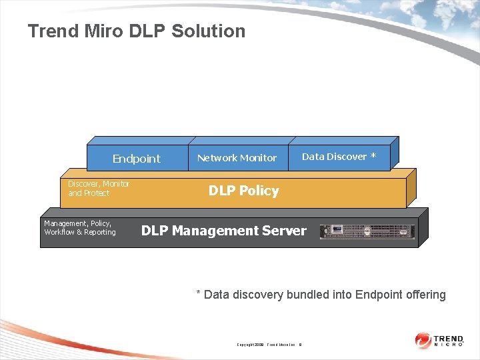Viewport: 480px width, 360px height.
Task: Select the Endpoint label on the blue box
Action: click(136, 159)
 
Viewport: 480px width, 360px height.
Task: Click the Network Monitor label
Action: click(237, 158)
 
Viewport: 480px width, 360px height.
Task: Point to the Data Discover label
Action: click(334, 157)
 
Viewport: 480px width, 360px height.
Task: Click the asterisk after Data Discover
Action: click(373, 157)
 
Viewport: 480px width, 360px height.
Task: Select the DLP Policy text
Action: click(243, 191)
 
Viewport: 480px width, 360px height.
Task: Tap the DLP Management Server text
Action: click(223, 231)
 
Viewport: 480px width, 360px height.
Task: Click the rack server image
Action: click(367, 231)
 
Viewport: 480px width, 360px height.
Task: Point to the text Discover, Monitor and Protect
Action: click(99, 188)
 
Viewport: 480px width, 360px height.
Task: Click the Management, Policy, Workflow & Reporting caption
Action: click(80, 228)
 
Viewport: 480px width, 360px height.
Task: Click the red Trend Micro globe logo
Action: click(423, 341)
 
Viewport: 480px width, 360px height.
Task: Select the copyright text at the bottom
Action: click(269, 345)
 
